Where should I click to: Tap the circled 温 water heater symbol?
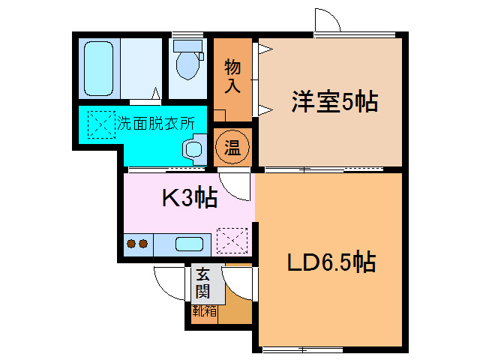232,148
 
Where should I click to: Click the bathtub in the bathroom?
98,68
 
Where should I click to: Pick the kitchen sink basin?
188,244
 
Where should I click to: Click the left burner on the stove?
130,244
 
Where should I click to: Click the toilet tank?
187,46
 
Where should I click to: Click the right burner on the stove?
142,244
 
